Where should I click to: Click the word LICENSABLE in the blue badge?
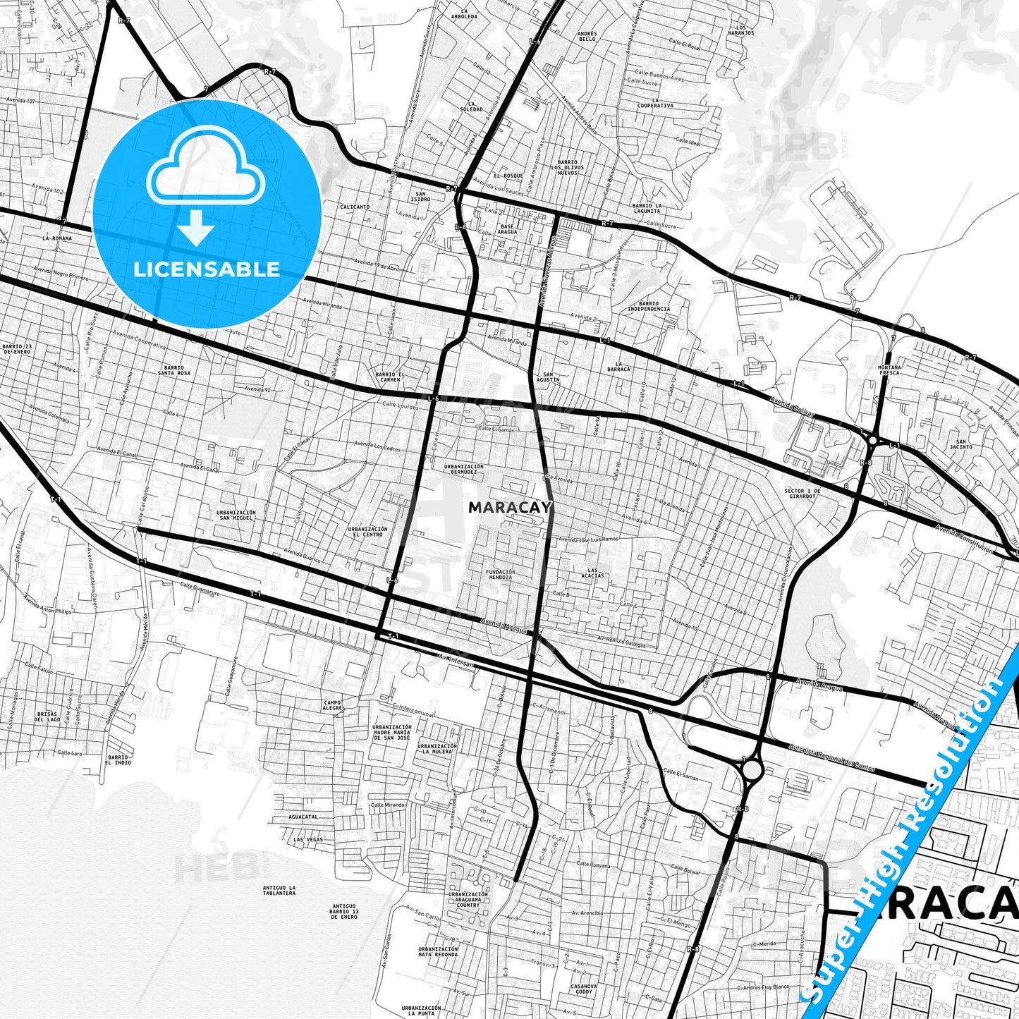click(x=207, y=269)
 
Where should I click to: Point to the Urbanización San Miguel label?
click(x=236, y=515)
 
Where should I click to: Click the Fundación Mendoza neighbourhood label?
click(x=500, y=574)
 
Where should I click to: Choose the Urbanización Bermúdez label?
click(x=463, y=469)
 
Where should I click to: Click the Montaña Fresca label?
click(x=891, y=370)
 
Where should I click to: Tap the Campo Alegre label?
click(x=333, y=705)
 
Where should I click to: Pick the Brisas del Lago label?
click(x=49, y=716)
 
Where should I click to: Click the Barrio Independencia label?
click(x=648, y=306)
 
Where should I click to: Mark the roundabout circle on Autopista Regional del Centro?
click(x=752, y=769)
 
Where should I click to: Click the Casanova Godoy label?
click(x=583, y=989)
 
